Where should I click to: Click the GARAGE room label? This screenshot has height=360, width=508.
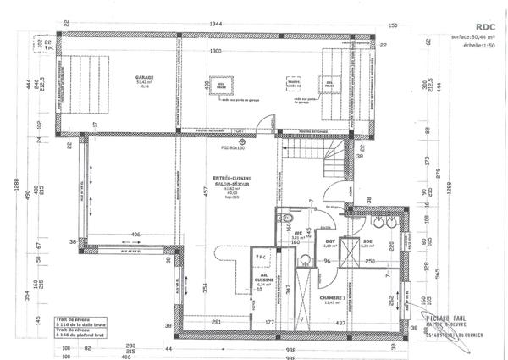pos(144,77)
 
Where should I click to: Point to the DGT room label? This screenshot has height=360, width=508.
pos(331,242)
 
